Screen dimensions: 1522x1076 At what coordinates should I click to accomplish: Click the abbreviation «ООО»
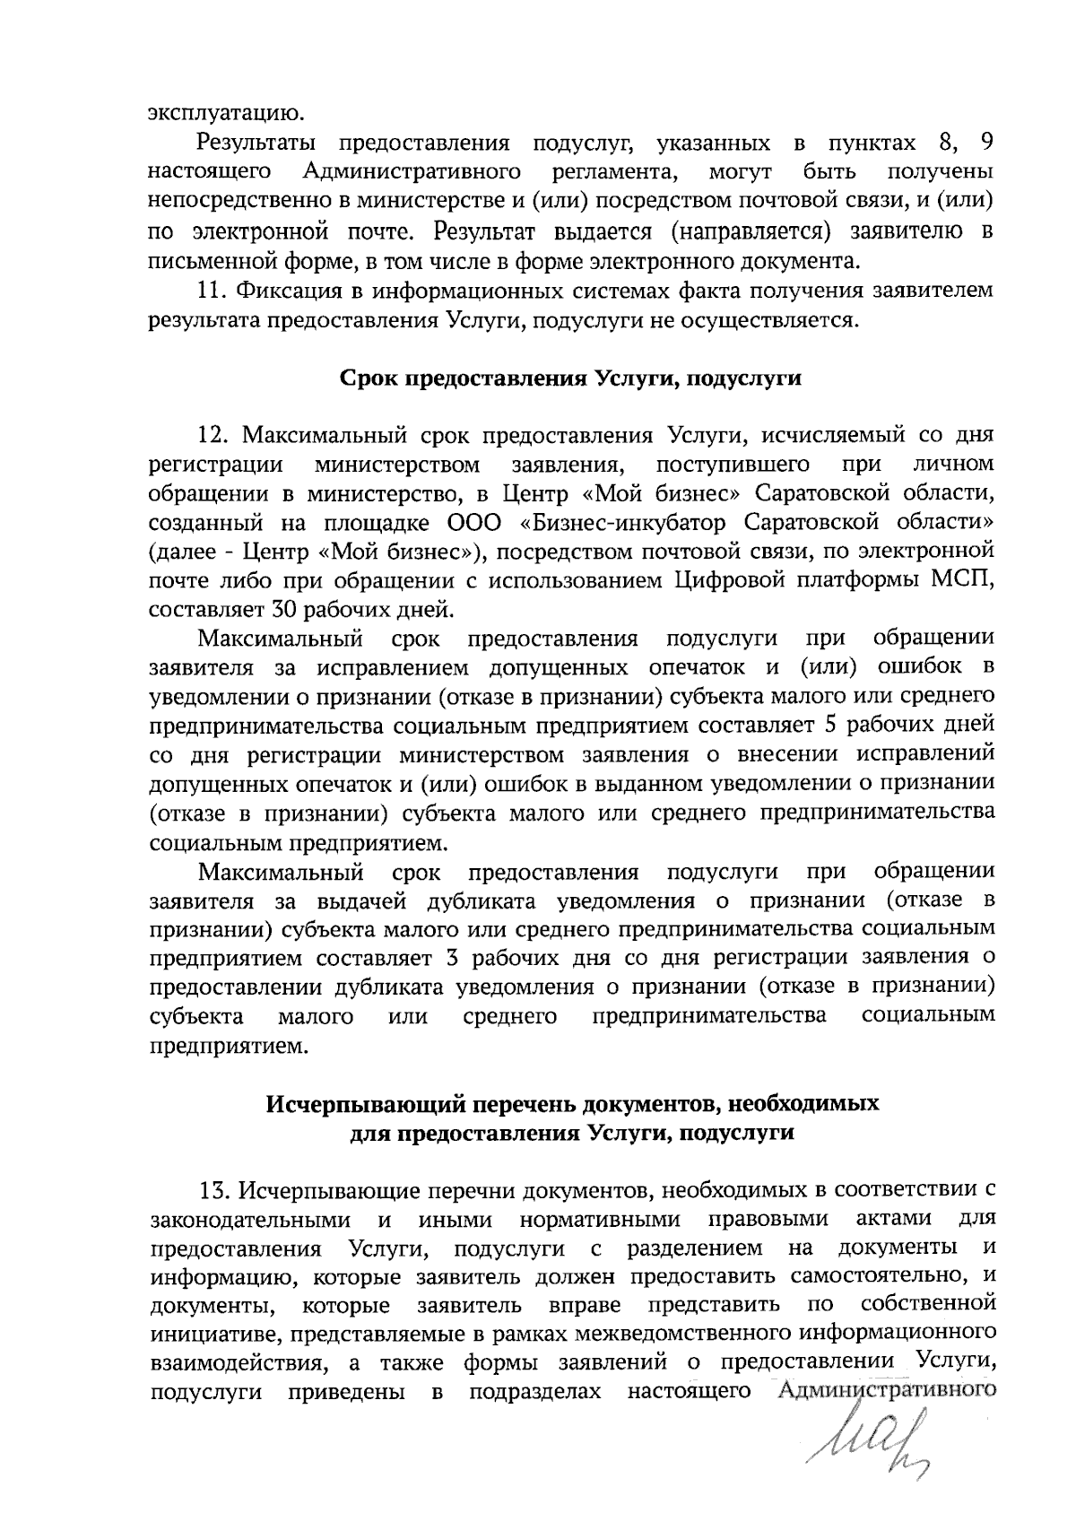pyautogui.click(x=475, y=523)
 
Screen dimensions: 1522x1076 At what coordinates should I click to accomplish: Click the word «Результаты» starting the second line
pyautogui.click(x=256, y=144)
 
